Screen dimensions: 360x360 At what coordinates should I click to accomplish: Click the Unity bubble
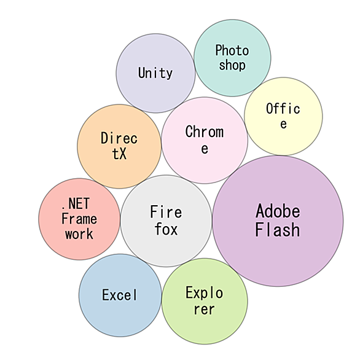tap(155, 73)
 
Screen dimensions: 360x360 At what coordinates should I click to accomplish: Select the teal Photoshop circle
tap(232, 58)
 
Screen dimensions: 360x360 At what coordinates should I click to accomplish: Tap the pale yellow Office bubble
tap(283, 116)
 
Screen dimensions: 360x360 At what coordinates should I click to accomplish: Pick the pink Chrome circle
tap(205, 140)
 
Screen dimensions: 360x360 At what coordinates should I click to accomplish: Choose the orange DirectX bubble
tap(119, 146)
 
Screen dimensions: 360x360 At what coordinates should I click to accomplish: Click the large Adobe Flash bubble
tap(278, 221)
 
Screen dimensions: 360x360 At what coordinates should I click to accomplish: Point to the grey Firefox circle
tap(166, 221)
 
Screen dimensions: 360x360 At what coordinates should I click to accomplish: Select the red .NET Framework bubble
tap(79, 219)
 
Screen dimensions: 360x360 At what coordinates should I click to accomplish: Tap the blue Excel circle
tap(120, 295)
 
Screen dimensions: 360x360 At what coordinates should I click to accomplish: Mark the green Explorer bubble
tap(205, 301)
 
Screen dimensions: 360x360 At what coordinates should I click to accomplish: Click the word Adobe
tap(278, 211)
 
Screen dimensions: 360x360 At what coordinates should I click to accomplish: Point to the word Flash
tap(278, 230)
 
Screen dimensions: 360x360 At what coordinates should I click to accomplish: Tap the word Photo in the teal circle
tap(232, 50)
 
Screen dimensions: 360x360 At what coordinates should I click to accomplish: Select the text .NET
tap(76, 203)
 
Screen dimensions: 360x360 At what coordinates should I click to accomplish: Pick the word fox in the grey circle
tap(166, 229)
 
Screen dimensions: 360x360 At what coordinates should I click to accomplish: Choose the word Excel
tap(120, 295)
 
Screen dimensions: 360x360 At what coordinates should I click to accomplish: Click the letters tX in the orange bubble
tap(119, 154)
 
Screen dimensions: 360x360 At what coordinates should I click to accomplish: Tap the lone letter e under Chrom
tap(205, 149)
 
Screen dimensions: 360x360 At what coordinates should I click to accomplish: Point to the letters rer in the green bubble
tap(205, 309)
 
